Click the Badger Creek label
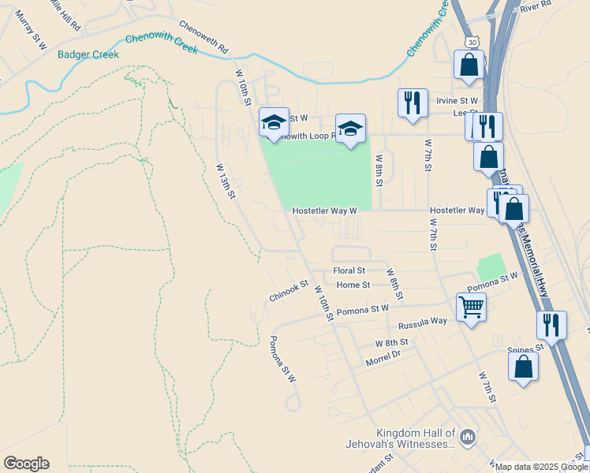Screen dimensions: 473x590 click(x=88, y=54)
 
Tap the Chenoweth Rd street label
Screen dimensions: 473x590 click(x=203, y=36)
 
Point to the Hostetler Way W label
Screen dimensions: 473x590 click(x=325, y=211)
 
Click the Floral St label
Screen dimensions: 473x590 click(x=349, y=270)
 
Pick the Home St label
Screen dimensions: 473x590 click(x=353, y=285)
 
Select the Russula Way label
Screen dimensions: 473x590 click(x=423, y=323)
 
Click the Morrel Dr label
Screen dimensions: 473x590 click(x=383, y=358)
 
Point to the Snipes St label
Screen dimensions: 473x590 click(x=526, y=348)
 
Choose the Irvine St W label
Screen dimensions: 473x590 click(x=458, y=101)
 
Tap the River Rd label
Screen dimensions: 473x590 click(x=535, y=6)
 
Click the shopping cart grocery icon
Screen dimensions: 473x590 click(x=471, y=306)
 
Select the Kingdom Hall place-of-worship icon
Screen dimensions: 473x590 click(x=468, y=436)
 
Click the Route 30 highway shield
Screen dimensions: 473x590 click(x=472, y=41)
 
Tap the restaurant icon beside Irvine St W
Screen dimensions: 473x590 click(x=413, y=102)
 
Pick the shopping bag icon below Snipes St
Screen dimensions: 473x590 click(x=523, y=366)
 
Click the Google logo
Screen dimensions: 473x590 click(x=26, y=464)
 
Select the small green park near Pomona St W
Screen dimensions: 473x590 click(x=491, y=266)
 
